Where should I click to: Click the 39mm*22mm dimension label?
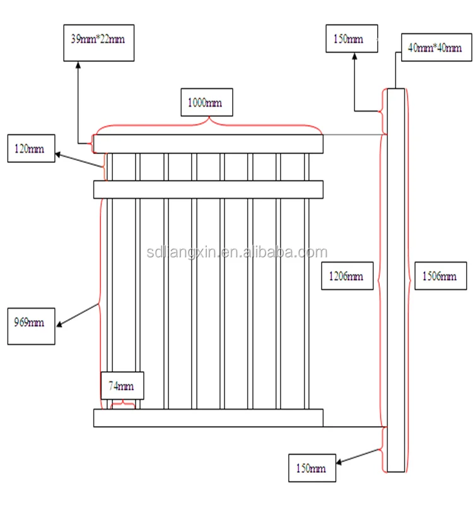pos(99,43)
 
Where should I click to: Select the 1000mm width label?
pos(206,102)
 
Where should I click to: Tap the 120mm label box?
pos(31,149)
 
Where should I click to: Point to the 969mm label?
pos(31,326)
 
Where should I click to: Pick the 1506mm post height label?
pos(440,275)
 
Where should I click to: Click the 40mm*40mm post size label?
pos(435,47)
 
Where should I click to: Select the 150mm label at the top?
pos(351,39)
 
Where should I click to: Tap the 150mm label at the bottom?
pos(312,468)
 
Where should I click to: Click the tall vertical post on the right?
pos(395,280)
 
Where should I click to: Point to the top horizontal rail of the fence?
pos(208,144)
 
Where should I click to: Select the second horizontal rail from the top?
pos(208,189)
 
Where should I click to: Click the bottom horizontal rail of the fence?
pos(208,418)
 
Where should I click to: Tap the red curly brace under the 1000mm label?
pos(208,124)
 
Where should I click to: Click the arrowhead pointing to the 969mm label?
pos(59,326)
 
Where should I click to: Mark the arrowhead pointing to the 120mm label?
pos(57,153)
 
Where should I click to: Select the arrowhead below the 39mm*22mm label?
pos(78,64)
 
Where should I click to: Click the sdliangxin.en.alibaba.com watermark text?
pos(235,252)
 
